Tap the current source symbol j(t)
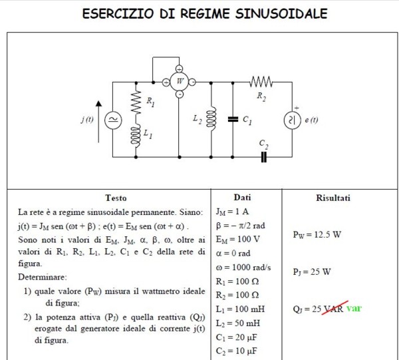pyautogui.click(x=113, y=120)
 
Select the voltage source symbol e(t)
pyautogui.click(x=293, y=120)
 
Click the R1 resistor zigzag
pyautogui.click(x=136, y=102)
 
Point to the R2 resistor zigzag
pyautogui.click(x=261, y=82)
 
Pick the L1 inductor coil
pyautogui.click(x=136, y=136)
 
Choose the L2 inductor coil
pyautogui.click(x=211, y=119)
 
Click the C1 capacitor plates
pyautogui.click(x=233, y=119)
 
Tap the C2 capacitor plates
pyautogui.click(x=264, y=157)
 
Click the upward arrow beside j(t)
pyautogui.click(x=98, y=122)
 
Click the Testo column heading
pyautogui.click(x=116, y=198)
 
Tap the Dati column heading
pyautogui.click(x=242, y=198)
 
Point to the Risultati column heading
pyautogui.click(x=333, y=198)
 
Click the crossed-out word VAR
pyautogui.click(x=333, y=308)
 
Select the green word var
pyautogui.click(x=354, y=308)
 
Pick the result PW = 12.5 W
pyautogui.click(x=317, y=234)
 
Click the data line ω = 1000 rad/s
pyautogui.click(x=243, y=268)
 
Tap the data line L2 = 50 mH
pyautogui.click(x=238, y=323)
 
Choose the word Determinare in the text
pyautogui.click(x=43, y=277)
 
